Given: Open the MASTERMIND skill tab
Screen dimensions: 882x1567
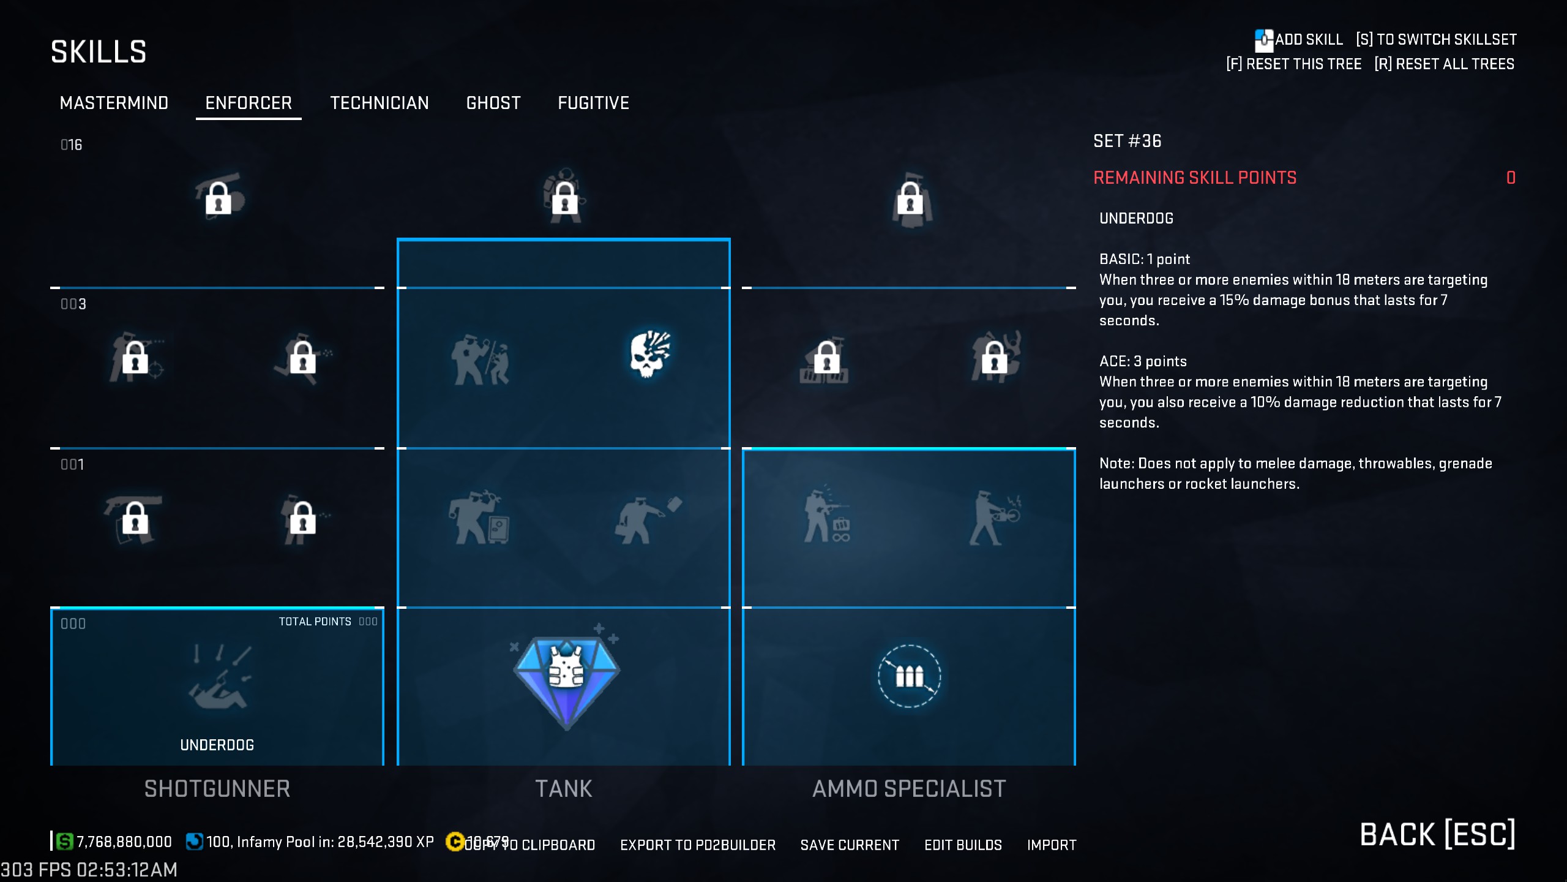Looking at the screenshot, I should [114, 103].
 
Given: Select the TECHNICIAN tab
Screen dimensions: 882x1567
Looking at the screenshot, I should [380, 103].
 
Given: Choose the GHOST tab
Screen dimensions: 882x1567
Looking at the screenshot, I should [493, 103].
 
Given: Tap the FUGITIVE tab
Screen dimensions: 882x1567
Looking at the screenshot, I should [593, 103].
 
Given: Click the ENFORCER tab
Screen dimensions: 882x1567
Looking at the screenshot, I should [249, 103].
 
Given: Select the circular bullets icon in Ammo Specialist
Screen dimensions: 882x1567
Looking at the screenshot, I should [910, 676].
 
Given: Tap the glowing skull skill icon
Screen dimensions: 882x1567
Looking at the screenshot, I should [650, 354].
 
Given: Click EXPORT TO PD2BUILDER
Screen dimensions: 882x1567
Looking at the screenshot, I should [698, 845].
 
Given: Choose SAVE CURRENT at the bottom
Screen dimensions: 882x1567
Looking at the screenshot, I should [850, 845].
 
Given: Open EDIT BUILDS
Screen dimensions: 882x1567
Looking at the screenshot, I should [963, 845].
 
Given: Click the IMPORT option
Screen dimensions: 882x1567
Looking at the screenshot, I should [1052, 845].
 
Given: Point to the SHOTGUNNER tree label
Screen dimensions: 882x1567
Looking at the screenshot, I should [217, 789].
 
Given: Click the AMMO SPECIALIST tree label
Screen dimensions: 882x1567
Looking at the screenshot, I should [909, 789].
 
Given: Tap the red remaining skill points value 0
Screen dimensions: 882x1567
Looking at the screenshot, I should [1511, 178].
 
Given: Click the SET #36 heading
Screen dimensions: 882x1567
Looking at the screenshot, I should [1127, 141].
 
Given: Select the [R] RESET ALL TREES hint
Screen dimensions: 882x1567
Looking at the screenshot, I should [1444, 64].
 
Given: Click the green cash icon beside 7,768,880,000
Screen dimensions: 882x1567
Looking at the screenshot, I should [64, 842].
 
